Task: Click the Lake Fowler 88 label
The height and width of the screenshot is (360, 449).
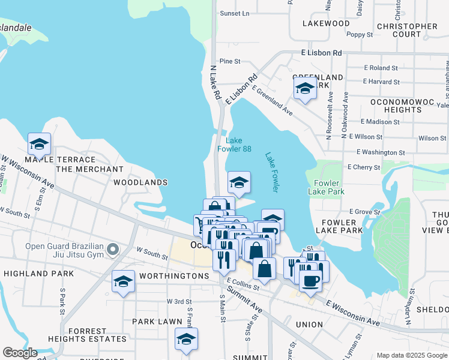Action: click(238, 145)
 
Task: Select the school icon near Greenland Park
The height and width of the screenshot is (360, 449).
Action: click(305, 89)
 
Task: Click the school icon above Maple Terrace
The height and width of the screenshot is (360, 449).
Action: click(39, 144)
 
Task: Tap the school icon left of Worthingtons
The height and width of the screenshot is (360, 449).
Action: click(123, 281)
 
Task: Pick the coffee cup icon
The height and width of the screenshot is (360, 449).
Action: click(310, 280)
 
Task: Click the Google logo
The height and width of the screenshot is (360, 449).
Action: click(20, 353)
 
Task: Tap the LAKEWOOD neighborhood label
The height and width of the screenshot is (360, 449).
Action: click(326, 23)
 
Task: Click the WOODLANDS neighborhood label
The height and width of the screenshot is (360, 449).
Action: click(140, 182)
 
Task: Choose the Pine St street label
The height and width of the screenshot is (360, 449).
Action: click(230, 61)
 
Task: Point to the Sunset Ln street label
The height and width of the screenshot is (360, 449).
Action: click(234, 13)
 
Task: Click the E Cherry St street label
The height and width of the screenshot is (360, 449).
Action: click(363, 167)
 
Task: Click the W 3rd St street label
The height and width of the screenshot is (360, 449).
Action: click(179, 302)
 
